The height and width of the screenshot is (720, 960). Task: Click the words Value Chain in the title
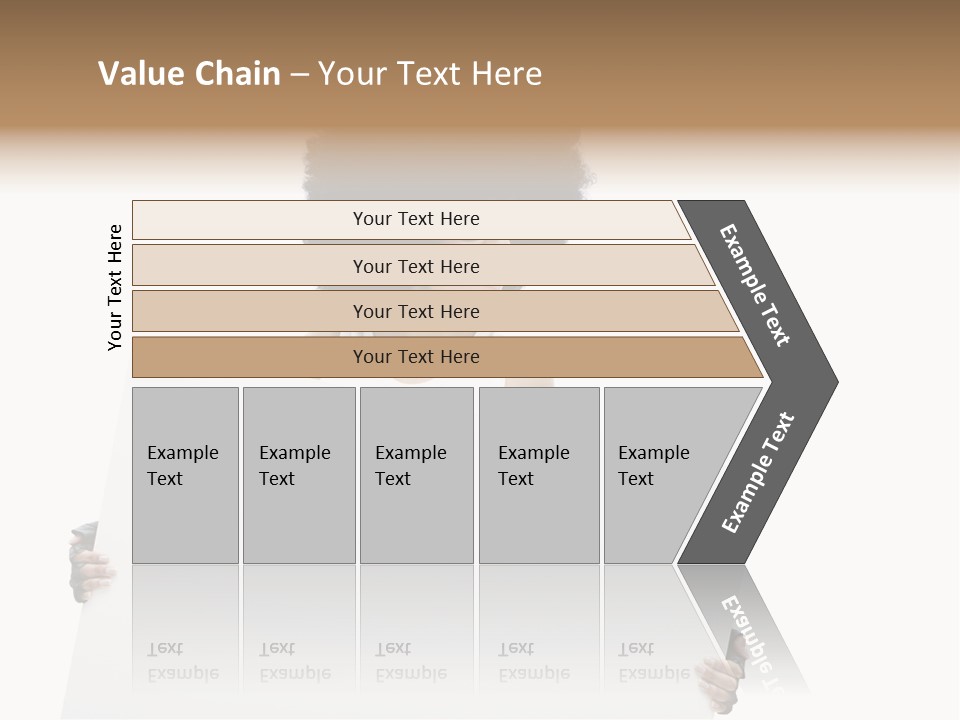tap(189, 74)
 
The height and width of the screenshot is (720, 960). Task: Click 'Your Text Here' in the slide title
tap(430, 74)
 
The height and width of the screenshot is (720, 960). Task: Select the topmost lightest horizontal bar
tap(410, 219)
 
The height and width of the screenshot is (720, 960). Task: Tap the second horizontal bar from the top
tap(415, 266)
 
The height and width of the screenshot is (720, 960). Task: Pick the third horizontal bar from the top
tap(420, 311)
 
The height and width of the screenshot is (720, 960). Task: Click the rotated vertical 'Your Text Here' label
tap(115, 287)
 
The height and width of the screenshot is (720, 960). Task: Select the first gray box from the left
tap(185, 475)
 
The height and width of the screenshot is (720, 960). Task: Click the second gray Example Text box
tap(299, 475)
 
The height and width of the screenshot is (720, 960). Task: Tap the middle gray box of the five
tap(416, 475)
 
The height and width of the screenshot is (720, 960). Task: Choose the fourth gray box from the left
tap(539, 475)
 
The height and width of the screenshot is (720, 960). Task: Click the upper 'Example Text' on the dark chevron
tap(755, 285)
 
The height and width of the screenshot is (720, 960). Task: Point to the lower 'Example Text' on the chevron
tap(758, 473)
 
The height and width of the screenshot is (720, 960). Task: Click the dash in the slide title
tap(299, 75)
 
